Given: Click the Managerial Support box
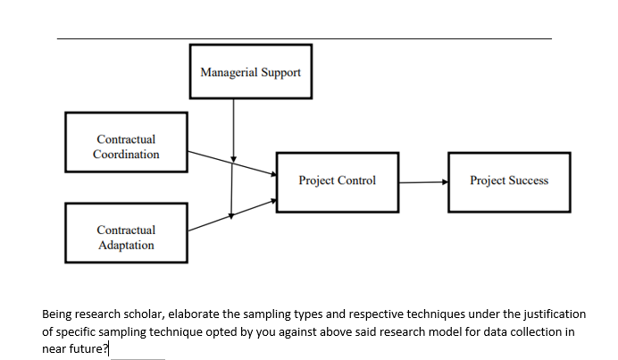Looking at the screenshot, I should pyautogui.click(x=251, y=71).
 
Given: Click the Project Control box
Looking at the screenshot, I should pyautogui.click(x=337, y=180).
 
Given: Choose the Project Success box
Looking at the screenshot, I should pyautogui.click(x=508, y=180).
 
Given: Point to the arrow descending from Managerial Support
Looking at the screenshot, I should pyautogui.click(x=233, y=125).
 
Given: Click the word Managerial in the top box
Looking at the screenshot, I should pyautogui.click(x=229, y=71).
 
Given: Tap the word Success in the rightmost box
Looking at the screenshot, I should pyautogui.click(x=529, y=180).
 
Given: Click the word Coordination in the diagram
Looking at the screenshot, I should pyautogui.click(x=126, y=154).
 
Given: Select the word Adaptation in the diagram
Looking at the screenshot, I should pyautogui.click(x=126, y=245).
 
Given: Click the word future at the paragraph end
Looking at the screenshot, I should pyautogui.click(x=87, y=348).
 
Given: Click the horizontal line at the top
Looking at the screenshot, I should pyautogui.click(x=304, y=38).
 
